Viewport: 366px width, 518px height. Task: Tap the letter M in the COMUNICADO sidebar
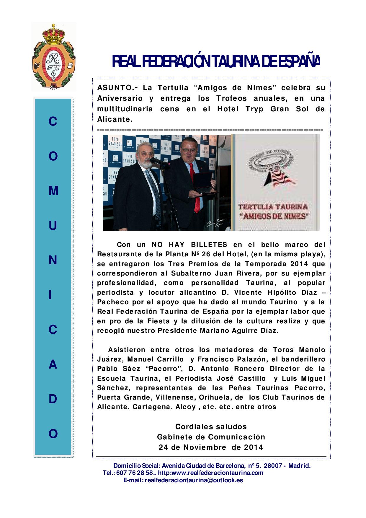pos(53,191)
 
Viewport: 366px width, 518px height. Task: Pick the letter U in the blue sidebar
pos(53,226)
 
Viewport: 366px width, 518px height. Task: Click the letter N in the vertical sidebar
pos(53,260)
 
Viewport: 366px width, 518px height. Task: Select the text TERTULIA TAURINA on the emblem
pos(273,206)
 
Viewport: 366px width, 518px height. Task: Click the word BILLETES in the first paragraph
pos(209,245)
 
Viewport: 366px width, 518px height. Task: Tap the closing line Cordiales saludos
pos(211,426)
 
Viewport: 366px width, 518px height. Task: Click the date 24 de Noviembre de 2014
pos(211,447)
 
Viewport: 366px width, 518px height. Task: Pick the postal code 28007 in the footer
pos(271,466)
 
